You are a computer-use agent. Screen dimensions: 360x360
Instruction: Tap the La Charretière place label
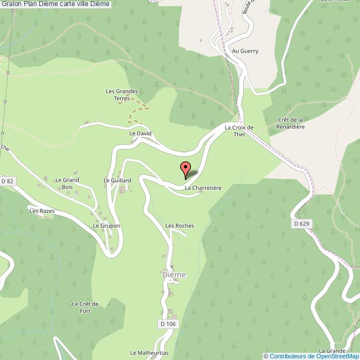click(203, 188)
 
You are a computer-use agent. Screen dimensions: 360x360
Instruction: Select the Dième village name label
click(173, 275)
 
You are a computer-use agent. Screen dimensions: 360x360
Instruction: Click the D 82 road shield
click(7, 181)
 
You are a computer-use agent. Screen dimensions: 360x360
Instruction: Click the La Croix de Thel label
click(239, 131)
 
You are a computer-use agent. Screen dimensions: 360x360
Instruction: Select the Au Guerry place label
click(245, 51)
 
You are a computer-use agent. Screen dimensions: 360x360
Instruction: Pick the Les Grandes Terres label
click(121, 95)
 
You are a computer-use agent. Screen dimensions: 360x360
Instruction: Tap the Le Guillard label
click(117, 181)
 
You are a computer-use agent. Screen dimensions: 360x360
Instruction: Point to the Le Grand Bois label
click(67, 183)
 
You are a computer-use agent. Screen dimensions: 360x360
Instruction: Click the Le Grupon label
click(106, 226)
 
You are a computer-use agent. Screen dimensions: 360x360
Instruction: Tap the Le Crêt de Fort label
click(85, 307)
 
